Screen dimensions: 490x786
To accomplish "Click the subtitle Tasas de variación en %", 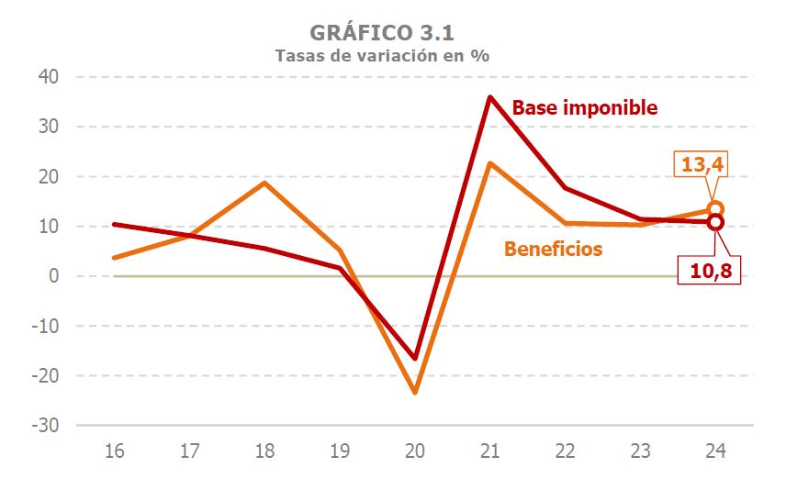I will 382,55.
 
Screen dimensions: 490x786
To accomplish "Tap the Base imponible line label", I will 585,107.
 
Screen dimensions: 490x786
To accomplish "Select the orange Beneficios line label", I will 553,249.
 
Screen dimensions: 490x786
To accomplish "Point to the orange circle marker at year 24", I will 716,209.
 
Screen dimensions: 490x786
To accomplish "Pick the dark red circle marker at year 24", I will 716,222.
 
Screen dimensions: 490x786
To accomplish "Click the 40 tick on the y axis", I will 49,77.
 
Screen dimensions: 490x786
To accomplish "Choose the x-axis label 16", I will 115,451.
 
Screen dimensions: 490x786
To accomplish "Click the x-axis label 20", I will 415,451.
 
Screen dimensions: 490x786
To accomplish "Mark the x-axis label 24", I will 716,451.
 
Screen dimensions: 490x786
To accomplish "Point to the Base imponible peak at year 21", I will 490,96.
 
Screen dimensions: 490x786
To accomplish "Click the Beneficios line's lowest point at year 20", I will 415,392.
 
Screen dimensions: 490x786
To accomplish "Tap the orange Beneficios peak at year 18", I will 264,183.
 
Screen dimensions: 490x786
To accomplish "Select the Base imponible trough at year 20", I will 415,358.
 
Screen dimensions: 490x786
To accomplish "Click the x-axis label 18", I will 264,451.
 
